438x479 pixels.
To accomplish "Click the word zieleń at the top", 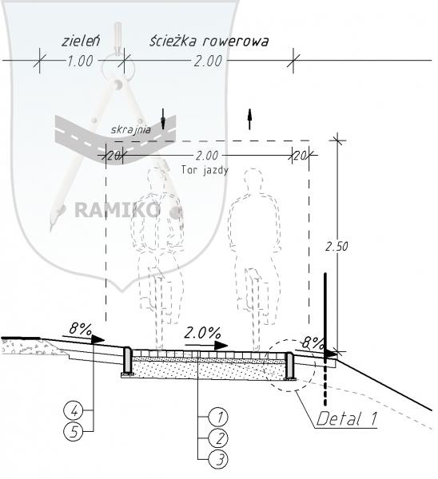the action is click(81, 41).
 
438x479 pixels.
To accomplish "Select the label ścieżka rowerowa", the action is click(209, 41).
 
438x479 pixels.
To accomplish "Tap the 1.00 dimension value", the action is click(80, 61).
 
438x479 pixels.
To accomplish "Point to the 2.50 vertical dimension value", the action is click(336, 246).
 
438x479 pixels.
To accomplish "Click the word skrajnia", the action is click(130, 130).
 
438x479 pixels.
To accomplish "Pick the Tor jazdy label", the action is click(205, 170).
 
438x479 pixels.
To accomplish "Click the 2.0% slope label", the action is click(202, 333).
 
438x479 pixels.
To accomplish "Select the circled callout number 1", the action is click(218, 417).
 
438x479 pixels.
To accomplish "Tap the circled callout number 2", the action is click(218, 438).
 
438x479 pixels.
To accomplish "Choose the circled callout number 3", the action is click(218, 459).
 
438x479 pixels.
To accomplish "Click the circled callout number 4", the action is click(74, 410).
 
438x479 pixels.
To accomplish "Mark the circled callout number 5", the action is click(74, 431).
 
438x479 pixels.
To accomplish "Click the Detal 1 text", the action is click(346, 418).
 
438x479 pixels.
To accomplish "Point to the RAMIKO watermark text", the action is click(117, 210).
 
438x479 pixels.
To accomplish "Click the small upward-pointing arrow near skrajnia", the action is click(249, 119).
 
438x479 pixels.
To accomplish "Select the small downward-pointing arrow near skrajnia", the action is click(163, 119).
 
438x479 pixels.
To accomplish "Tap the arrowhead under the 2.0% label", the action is click(221, 346).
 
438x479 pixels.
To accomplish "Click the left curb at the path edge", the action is click(127, 361).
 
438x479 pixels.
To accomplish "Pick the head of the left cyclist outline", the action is click(157, 179).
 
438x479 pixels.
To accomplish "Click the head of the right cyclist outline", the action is click(253, 180).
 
